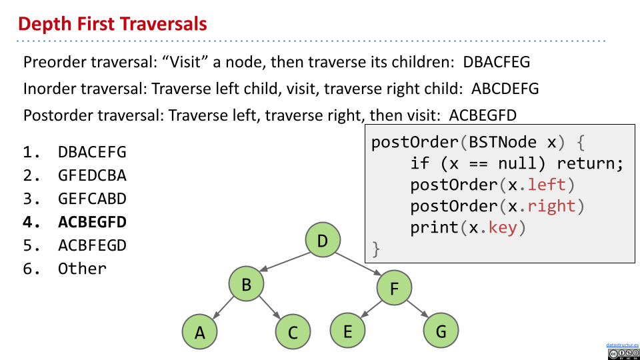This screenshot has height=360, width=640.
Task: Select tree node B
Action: click(x=246, y=285)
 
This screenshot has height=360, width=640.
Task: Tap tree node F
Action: click(x=394, y=289)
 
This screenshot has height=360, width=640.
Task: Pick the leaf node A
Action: click(x=200, y=332)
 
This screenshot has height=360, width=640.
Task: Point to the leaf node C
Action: click(x=293, y=332)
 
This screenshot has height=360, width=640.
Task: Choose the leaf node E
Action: click(x=347, y=331)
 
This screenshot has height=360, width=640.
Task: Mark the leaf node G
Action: click(x=441, y=331)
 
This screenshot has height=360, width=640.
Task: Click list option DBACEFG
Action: click(x=91, y=153)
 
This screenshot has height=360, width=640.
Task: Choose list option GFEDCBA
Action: click(x=91, y=176)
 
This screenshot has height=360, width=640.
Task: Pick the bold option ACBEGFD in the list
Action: click(x=91, y=222)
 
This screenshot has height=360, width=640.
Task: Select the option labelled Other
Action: click(x=82, y=269)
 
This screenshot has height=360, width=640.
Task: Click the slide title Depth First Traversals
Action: click(x=112, y=25)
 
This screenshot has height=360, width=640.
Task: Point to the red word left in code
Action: click(x=547, y=184)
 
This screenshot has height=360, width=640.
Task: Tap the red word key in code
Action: click(x=507, y=228)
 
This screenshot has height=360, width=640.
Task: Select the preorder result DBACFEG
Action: click(x=497, y=63)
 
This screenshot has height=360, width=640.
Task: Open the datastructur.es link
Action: click(x=622, y=345)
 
